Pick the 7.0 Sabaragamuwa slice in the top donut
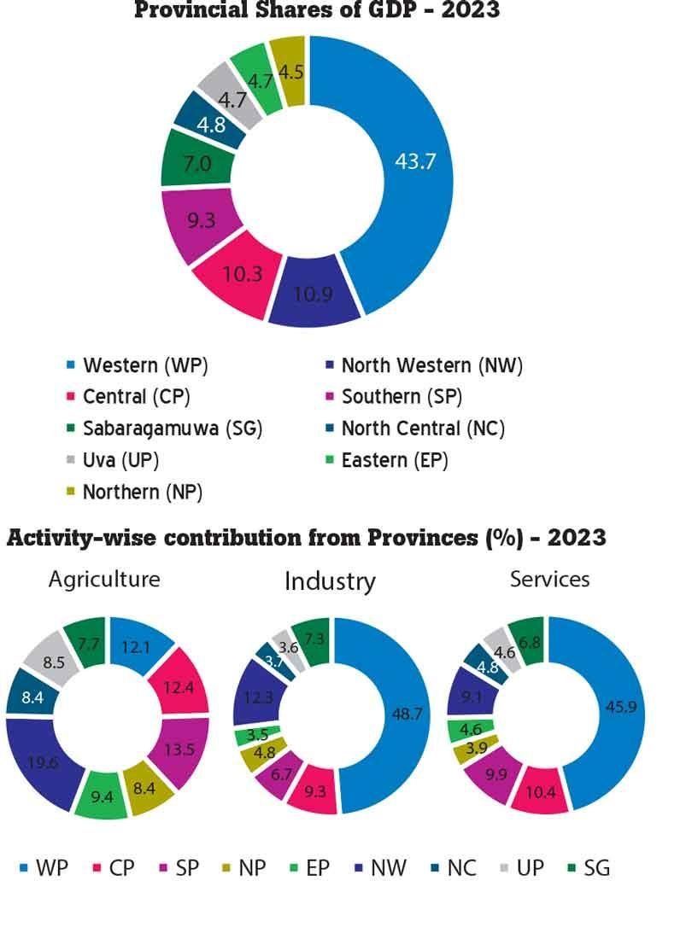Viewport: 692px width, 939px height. tap(196, 162)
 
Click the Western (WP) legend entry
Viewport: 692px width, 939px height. tap(145, 365)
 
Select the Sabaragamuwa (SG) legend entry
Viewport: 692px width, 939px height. tap(172, 429)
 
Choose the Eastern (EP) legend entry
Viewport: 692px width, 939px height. tap(394, 460)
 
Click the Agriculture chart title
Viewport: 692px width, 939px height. tap(104, 579)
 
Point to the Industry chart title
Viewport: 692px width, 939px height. tap(330, 581)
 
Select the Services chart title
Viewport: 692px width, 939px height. tap(549, 579)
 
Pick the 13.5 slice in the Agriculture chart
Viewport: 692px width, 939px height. tap(183, 751)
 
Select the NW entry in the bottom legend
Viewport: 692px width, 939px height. tap(387, 868)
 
